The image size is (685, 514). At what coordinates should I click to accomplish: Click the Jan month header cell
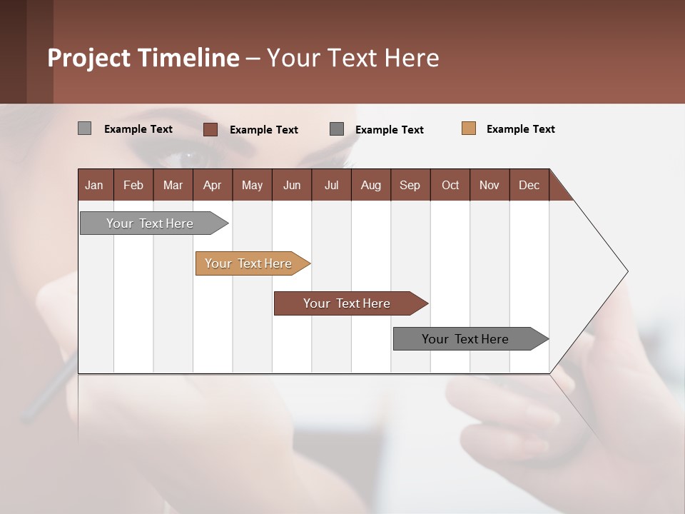[x=94, y=185]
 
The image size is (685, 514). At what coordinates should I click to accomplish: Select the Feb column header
[x=133, y=185]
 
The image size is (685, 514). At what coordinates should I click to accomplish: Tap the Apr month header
[x=212, y=185]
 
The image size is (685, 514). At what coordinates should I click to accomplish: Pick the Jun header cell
[x=292, y=185]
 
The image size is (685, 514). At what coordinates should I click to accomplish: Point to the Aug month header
[x=370, y=185]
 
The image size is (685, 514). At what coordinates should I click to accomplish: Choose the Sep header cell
[x=410, y=185]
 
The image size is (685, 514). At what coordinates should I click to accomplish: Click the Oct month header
[x=450, y=185]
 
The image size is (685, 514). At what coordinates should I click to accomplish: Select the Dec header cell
[x=529, y=185]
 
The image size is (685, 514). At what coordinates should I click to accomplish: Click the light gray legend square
[x=84, y=128]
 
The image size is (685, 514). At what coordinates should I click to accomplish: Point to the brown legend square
[x=210, y=129]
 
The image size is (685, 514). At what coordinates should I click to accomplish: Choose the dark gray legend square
[x=337, y=128]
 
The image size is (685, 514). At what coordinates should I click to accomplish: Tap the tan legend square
[x=468, y=128]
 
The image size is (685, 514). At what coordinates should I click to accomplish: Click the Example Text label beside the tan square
[x=520, y=129]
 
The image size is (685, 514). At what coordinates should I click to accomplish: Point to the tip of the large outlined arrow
[x=626, y=271]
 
